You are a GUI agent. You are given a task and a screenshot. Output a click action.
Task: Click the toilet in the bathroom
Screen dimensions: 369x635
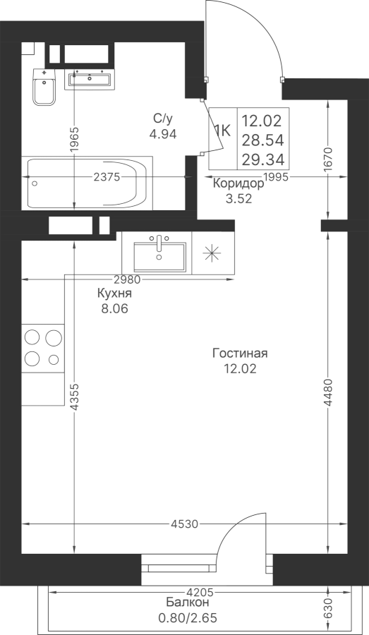pyautogui.click(x=44, y=87)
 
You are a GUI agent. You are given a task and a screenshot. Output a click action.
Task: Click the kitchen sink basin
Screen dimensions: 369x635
pyautogui.click(x=159, y=257)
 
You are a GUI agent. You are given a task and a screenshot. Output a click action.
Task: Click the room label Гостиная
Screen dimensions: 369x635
pyautogui.click(x=240, y=353)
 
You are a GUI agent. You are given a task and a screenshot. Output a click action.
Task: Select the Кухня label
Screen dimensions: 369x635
pyautogui.click(x=114, y=294)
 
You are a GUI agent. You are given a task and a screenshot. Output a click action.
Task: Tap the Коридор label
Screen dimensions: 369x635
pyautogui.click(x=238, y=184)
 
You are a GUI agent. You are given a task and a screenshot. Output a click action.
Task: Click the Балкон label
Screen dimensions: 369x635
pyautogui.click(x=188, y=603)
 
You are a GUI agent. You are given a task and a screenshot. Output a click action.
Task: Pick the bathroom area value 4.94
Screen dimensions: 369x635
pyautogui.click(x=163, y=134)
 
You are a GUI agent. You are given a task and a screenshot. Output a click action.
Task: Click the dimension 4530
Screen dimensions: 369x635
pyautogui.click(x=184, y=524)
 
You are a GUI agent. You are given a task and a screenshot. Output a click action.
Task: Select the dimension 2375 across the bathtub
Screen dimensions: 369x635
pyautogui.click(x=107, y=177)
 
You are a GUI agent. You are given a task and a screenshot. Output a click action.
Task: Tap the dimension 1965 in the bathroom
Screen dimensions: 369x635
pyautogui.click(x=73, y=140)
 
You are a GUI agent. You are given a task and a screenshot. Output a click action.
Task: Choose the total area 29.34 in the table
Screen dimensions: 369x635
pyautogui.click(x=263, y=159)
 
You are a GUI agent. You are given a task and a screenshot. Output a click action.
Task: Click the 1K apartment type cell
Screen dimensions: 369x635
pyautogui.click(x=222, y=131)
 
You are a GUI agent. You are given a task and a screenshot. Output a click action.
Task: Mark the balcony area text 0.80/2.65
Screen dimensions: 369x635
pyautogui.click(x=188, y=618)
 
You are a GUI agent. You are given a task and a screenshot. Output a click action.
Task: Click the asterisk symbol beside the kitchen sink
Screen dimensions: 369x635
pyautogui.click(x=212, y=254)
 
